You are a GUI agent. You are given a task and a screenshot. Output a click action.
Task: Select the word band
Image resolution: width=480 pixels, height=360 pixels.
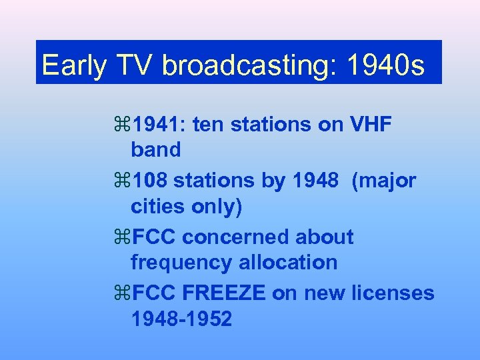click(x=156, y=150)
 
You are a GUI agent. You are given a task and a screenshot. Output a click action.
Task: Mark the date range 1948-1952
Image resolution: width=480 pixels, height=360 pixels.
click(x=182, y=319)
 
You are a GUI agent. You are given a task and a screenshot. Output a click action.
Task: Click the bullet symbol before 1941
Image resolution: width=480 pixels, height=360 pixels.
click(x=123, y=124)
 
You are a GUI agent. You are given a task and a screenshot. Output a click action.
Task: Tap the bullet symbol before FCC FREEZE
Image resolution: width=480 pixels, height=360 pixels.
click(x=123, y=293)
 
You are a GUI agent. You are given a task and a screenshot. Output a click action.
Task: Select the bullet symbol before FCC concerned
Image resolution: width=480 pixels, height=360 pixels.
click(x=123, y=237)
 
